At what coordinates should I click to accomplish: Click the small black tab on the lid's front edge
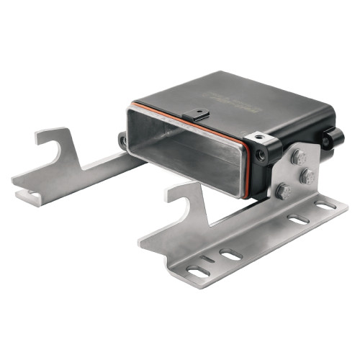click(197, 114)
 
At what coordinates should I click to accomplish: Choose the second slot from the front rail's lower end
click(230, 254)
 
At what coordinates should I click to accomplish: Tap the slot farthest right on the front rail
click(325, 205)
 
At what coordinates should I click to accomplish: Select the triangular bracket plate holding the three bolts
click(292, 176)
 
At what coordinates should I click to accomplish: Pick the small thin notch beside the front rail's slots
click(207, 258)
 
